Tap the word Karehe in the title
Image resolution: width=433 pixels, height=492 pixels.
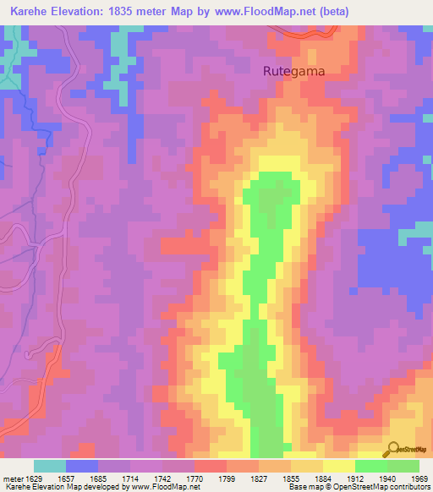(x=30, y=11)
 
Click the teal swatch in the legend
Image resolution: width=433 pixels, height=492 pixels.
(x=50, y=466)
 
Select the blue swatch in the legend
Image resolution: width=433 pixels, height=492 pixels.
(x=82, y=466)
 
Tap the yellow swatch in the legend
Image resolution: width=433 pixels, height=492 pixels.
(x=338, y=466)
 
